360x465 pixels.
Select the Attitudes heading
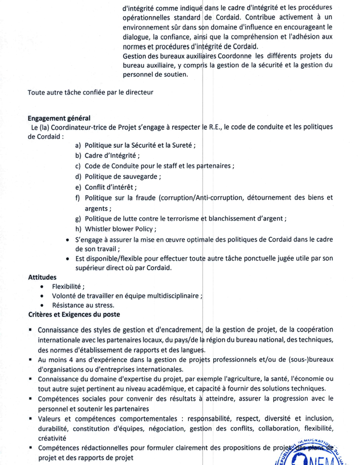pos(43,277)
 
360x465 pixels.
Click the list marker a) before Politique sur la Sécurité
pos(79,145)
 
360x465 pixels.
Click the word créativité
pos(51,438)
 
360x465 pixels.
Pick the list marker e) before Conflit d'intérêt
pos(79,187)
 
